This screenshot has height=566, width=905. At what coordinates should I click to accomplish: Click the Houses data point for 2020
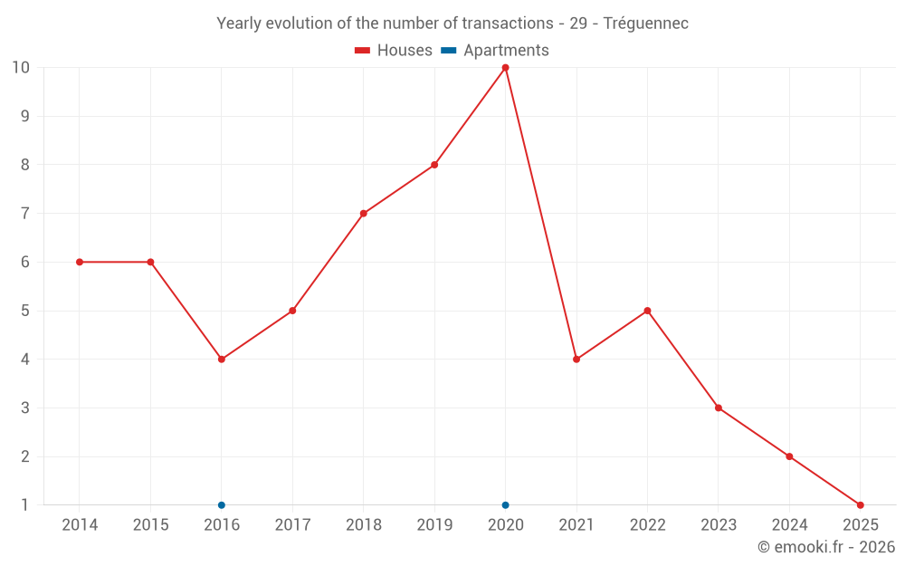tap(505, 68)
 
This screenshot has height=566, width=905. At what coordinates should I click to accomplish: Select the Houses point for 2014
tap(80, 262)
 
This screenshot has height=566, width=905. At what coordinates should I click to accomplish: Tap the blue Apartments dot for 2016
tap(222, 504)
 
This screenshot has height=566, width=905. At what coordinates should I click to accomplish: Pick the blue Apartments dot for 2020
tap(505, 504)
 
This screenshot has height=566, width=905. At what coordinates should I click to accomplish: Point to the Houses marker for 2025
tap(860, 504)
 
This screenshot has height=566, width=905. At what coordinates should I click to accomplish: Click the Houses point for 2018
tap(363, 214)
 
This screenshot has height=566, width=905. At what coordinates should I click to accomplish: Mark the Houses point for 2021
tap(576, 360)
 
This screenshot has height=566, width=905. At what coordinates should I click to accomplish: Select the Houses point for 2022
tap(647, 311)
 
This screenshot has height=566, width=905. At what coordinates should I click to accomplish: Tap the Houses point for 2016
tap(222, 360)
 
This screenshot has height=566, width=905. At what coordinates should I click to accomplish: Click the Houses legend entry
tap(394, 51)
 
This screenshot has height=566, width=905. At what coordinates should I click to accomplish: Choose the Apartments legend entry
tap(495, 51)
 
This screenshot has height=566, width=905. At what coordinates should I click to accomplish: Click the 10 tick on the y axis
tap(20, 68)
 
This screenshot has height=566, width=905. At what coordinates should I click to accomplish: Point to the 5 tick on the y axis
tap(24, 311)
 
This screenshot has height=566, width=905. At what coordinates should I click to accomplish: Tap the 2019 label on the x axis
tap(434, 525)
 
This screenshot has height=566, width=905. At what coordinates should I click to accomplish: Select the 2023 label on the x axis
tap(718, 525)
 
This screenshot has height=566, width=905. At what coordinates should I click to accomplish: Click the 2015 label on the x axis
tap(150, 525)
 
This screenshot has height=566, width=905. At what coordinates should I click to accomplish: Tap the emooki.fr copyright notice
tap(825, 547)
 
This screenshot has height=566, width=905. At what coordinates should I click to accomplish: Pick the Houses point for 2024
tap(789, 456)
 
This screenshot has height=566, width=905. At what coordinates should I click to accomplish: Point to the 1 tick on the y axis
tap(24, 504)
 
